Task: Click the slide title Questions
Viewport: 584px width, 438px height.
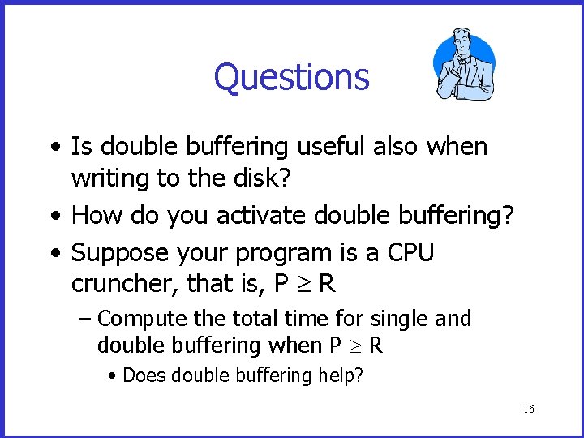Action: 291,78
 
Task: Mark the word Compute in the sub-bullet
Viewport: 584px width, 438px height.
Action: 135,320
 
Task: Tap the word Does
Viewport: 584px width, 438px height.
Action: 140,376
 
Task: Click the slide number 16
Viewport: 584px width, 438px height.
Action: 528,410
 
